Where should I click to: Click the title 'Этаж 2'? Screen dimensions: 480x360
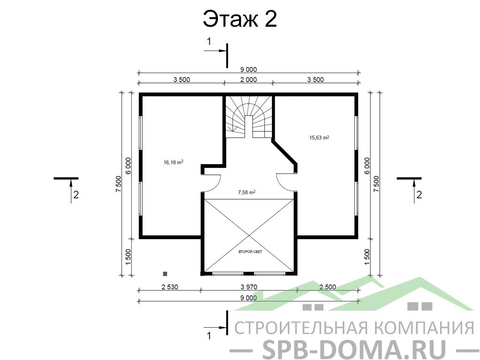(240, 19)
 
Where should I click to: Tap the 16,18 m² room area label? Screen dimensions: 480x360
(173, 162)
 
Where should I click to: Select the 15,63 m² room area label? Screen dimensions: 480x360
(319, 137)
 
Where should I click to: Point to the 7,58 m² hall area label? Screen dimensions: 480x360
(247, 192)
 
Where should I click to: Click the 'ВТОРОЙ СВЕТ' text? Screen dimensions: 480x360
(250, 252)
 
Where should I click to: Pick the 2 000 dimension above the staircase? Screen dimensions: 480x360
(248, 80)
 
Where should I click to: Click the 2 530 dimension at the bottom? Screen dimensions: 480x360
(170, 287)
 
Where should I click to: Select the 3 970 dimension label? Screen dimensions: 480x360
(249, 287)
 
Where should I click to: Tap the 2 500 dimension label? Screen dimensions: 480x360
(328, 287)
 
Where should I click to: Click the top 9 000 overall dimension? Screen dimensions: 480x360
(248, 70)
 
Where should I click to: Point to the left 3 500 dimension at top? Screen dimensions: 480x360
(182, 80)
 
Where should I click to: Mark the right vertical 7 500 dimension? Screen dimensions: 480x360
(376, 184)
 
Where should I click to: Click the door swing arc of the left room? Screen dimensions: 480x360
(217, 185)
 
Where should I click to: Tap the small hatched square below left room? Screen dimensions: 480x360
(165, 273)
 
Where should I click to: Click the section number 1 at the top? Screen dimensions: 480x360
(209, 41)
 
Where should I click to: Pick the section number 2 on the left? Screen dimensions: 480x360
(76, 195)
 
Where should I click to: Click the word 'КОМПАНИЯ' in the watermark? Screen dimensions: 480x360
(424, 328)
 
